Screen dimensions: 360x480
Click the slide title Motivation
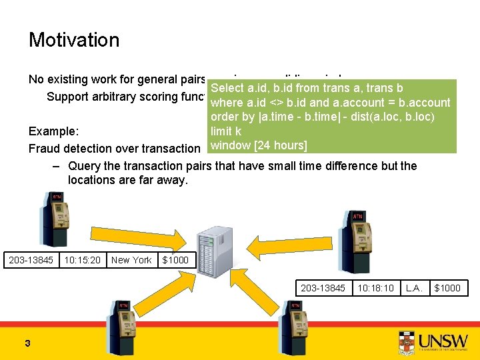tap(74, 40)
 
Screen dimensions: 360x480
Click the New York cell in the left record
tap(131, 260)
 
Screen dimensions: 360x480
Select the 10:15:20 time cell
tap(83, 260)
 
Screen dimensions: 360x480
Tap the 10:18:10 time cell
tap(376, 288)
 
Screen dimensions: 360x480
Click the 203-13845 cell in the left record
tap(31, 260)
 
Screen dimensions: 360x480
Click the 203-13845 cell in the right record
tap(323, 288)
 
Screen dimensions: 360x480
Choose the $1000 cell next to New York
tap(175, 260)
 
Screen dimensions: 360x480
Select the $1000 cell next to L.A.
tap(447, 288)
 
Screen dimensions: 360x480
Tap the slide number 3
tap(27, 343)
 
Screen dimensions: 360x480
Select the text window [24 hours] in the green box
tap(259, 145)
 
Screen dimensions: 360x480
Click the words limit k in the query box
tap(226, 131)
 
